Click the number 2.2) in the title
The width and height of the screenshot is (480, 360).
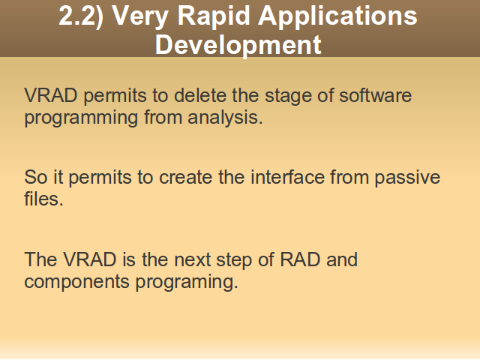coord(81,16)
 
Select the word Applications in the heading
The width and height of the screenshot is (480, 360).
coord(337,16)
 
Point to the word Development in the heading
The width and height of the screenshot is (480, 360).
coord(238,45)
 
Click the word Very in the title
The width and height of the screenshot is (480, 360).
coord(140,16)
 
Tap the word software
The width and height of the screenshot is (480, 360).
coord(375,95)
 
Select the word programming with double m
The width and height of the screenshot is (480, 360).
coord(81,118)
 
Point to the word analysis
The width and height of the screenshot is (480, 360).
coord(225,118)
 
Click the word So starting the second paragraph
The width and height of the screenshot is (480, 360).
coord(36,177)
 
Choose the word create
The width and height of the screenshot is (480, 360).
coord(185,178)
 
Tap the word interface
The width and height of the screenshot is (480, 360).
coord(287,177)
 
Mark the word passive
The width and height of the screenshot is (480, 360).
coord(407,178)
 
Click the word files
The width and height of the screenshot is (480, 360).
coord(43,199)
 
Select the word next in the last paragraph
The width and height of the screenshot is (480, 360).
coord(192,260)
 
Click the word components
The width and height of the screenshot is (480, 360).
coord(76,282)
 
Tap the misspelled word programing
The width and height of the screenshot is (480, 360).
coord(187,282)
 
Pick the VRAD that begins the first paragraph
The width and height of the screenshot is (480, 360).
coord(51,95)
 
